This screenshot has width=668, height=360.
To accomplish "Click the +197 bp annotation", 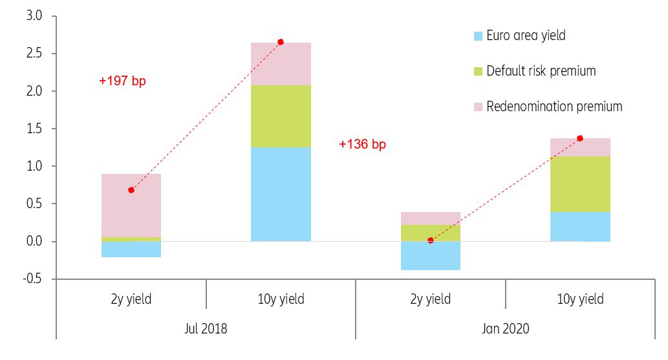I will point(122,81).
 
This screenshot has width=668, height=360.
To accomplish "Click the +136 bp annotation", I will point(362,144).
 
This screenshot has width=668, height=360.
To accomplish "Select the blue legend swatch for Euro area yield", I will point(478,36).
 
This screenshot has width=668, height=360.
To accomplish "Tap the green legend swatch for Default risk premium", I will point(478,71).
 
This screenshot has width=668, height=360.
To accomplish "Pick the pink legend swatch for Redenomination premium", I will point(478,107).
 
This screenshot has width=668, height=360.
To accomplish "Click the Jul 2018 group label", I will point(206,328).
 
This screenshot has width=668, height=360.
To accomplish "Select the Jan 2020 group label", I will point(505,328).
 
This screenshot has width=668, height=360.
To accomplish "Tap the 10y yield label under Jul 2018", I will point(281,299).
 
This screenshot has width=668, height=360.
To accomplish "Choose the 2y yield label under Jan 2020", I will point(430,299).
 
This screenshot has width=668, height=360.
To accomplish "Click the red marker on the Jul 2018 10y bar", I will point(281,42).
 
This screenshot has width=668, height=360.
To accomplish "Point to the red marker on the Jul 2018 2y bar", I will point(131,190).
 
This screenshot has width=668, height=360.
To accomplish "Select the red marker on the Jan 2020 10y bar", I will point(580,138).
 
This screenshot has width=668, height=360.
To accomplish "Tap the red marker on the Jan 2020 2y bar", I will point(431,240).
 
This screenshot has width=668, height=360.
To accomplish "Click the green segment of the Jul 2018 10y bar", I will point(281,116).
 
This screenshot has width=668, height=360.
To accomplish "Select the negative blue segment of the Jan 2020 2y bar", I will point(431,256).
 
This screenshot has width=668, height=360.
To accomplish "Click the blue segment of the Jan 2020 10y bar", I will point(580,226).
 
